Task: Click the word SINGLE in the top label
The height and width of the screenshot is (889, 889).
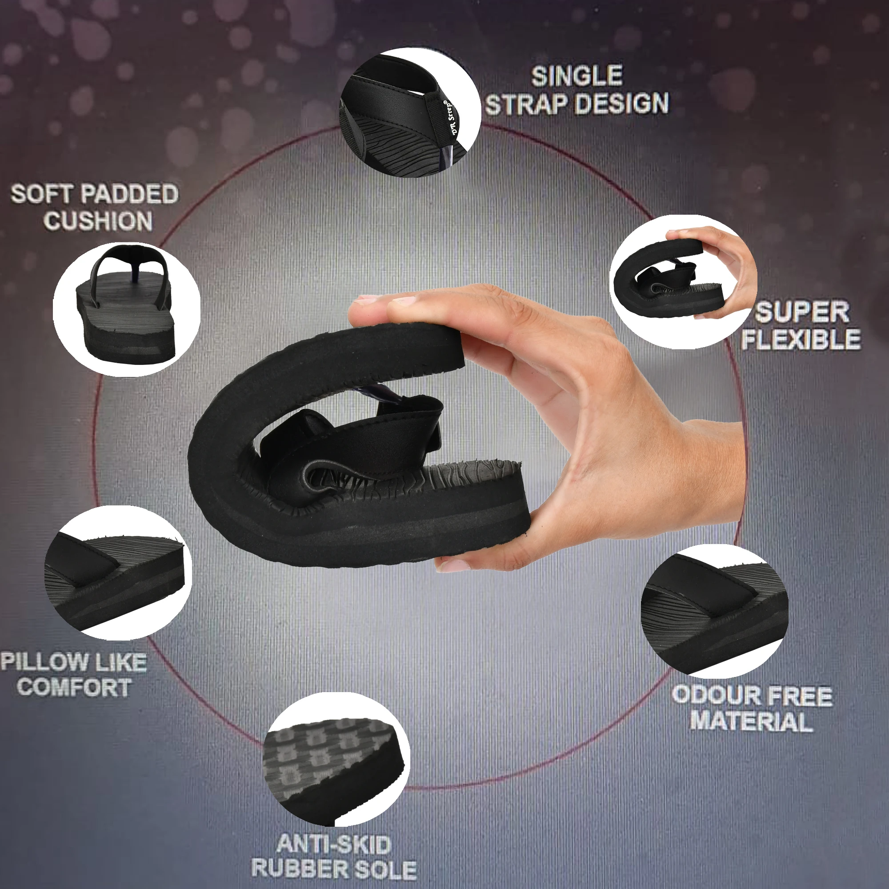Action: [x=577, y=76]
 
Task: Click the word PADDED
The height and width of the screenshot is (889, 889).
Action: [x=129, y=194]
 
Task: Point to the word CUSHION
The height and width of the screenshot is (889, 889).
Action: [x=98, y=221]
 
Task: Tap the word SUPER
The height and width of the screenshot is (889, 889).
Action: [x=802, y=313]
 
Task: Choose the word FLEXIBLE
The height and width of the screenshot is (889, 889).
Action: [x=801, y=340]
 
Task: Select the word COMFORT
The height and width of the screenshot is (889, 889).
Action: [x=74, y=688]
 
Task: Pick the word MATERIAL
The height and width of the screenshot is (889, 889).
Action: [x=751, y=721]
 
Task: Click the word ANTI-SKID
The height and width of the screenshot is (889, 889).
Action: [x=334, y=845]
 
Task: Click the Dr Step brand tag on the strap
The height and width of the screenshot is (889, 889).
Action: [x=447, y=119]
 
